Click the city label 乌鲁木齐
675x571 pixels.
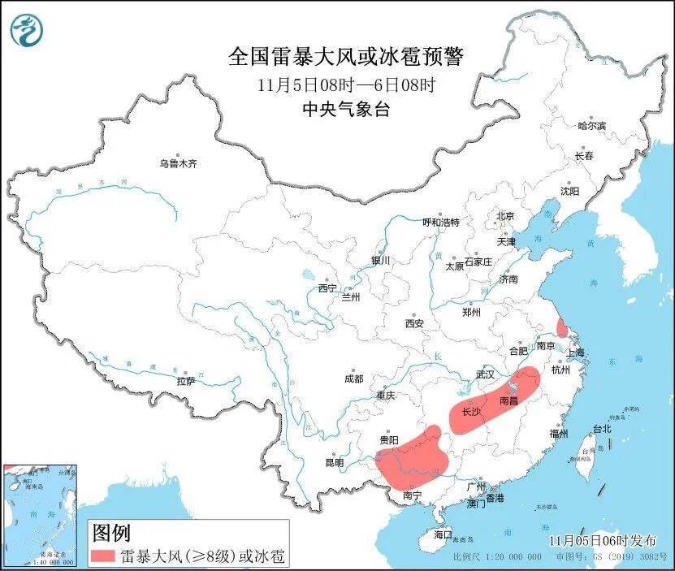click(x=178, y=163)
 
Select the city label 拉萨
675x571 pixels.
click(x=186, y=381)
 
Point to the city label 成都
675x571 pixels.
click(x=353, y=379)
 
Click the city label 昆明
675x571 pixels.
click(x=334, y=463)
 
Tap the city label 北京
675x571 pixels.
click(x=505, y=216)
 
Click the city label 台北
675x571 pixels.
click(x=600, y=428)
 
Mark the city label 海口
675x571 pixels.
click(x=442, y=535)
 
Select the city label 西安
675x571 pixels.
click(x=413, y=323)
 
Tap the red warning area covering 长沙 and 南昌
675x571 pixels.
click(x=495, y=404)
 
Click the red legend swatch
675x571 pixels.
click(x=104, y=556)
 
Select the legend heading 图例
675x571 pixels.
click(x=111, y=533)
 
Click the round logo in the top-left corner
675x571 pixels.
click(x=26, y=30)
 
